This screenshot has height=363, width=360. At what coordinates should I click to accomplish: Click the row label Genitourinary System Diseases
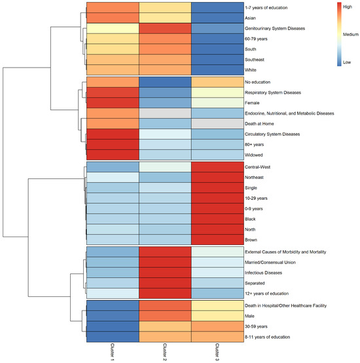pos(275,28)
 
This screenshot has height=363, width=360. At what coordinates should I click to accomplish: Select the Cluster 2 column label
pos(165,352)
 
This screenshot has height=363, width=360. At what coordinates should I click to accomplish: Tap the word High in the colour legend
pos(348,7)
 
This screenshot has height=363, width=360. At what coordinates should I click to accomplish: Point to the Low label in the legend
pos(347,62)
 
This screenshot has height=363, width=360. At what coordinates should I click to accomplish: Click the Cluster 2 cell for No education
pos(165,82)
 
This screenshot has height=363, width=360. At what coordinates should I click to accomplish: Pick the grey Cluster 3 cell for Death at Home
pos(217,124)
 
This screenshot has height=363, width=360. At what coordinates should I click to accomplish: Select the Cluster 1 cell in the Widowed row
pos(113,155)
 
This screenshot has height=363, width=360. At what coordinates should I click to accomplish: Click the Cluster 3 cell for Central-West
pos(217,167)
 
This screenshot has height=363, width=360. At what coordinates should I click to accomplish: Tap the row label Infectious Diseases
pos(263,273)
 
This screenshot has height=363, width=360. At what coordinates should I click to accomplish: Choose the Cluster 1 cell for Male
pos(113,316)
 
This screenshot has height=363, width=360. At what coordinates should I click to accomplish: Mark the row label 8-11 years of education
pos(267,337)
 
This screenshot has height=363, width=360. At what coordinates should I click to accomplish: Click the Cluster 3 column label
pos(217,352)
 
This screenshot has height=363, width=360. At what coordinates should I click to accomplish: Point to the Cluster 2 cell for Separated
pos(165,283)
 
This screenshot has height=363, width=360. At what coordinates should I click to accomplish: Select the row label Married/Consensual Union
pos(270,262)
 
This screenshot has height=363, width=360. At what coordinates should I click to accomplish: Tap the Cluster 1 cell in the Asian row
pos(113,18)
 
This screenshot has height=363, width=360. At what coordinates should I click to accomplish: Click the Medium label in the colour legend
pos(351,35)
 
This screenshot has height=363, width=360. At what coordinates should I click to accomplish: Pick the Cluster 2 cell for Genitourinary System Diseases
pos(165,28)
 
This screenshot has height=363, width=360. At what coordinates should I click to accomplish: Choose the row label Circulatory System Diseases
pos(272,134)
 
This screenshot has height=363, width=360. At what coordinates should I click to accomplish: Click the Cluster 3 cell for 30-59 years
pos(217,326)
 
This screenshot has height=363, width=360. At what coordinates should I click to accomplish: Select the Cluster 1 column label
pos(112,352)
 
